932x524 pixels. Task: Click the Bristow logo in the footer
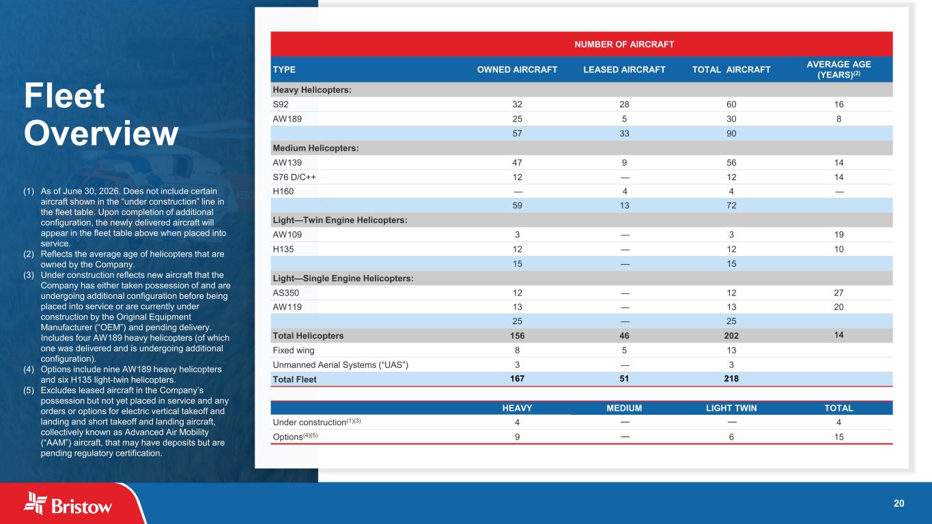coord(68,504)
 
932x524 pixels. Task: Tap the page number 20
coord(899,504)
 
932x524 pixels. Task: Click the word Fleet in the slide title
coord(64,96)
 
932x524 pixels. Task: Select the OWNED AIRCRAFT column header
coord(517,70)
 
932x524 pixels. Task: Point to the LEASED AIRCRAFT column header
coord(624,70)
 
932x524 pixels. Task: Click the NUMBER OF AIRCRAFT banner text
coord(624,44)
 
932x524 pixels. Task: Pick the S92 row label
coord(281,104)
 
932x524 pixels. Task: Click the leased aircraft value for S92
coord(624,104)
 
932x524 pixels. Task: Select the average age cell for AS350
coord(838,293)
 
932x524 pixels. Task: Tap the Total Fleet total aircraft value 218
coord(731,379)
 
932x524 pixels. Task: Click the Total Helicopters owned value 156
coord(517,336)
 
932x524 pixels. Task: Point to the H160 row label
coord(283,191)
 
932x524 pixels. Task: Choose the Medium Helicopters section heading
coord(315,148)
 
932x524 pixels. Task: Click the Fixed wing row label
coord(294,350)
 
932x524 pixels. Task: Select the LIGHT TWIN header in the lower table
coord(731,408)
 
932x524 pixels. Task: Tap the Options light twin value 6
coord(731,437)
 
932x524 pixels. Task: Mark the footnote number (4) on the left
coord(29,369)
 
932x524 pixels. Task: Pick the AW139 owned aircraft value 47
coord(517,162)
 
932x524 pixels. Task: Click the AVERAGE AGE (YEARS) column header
coord(838,70)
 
